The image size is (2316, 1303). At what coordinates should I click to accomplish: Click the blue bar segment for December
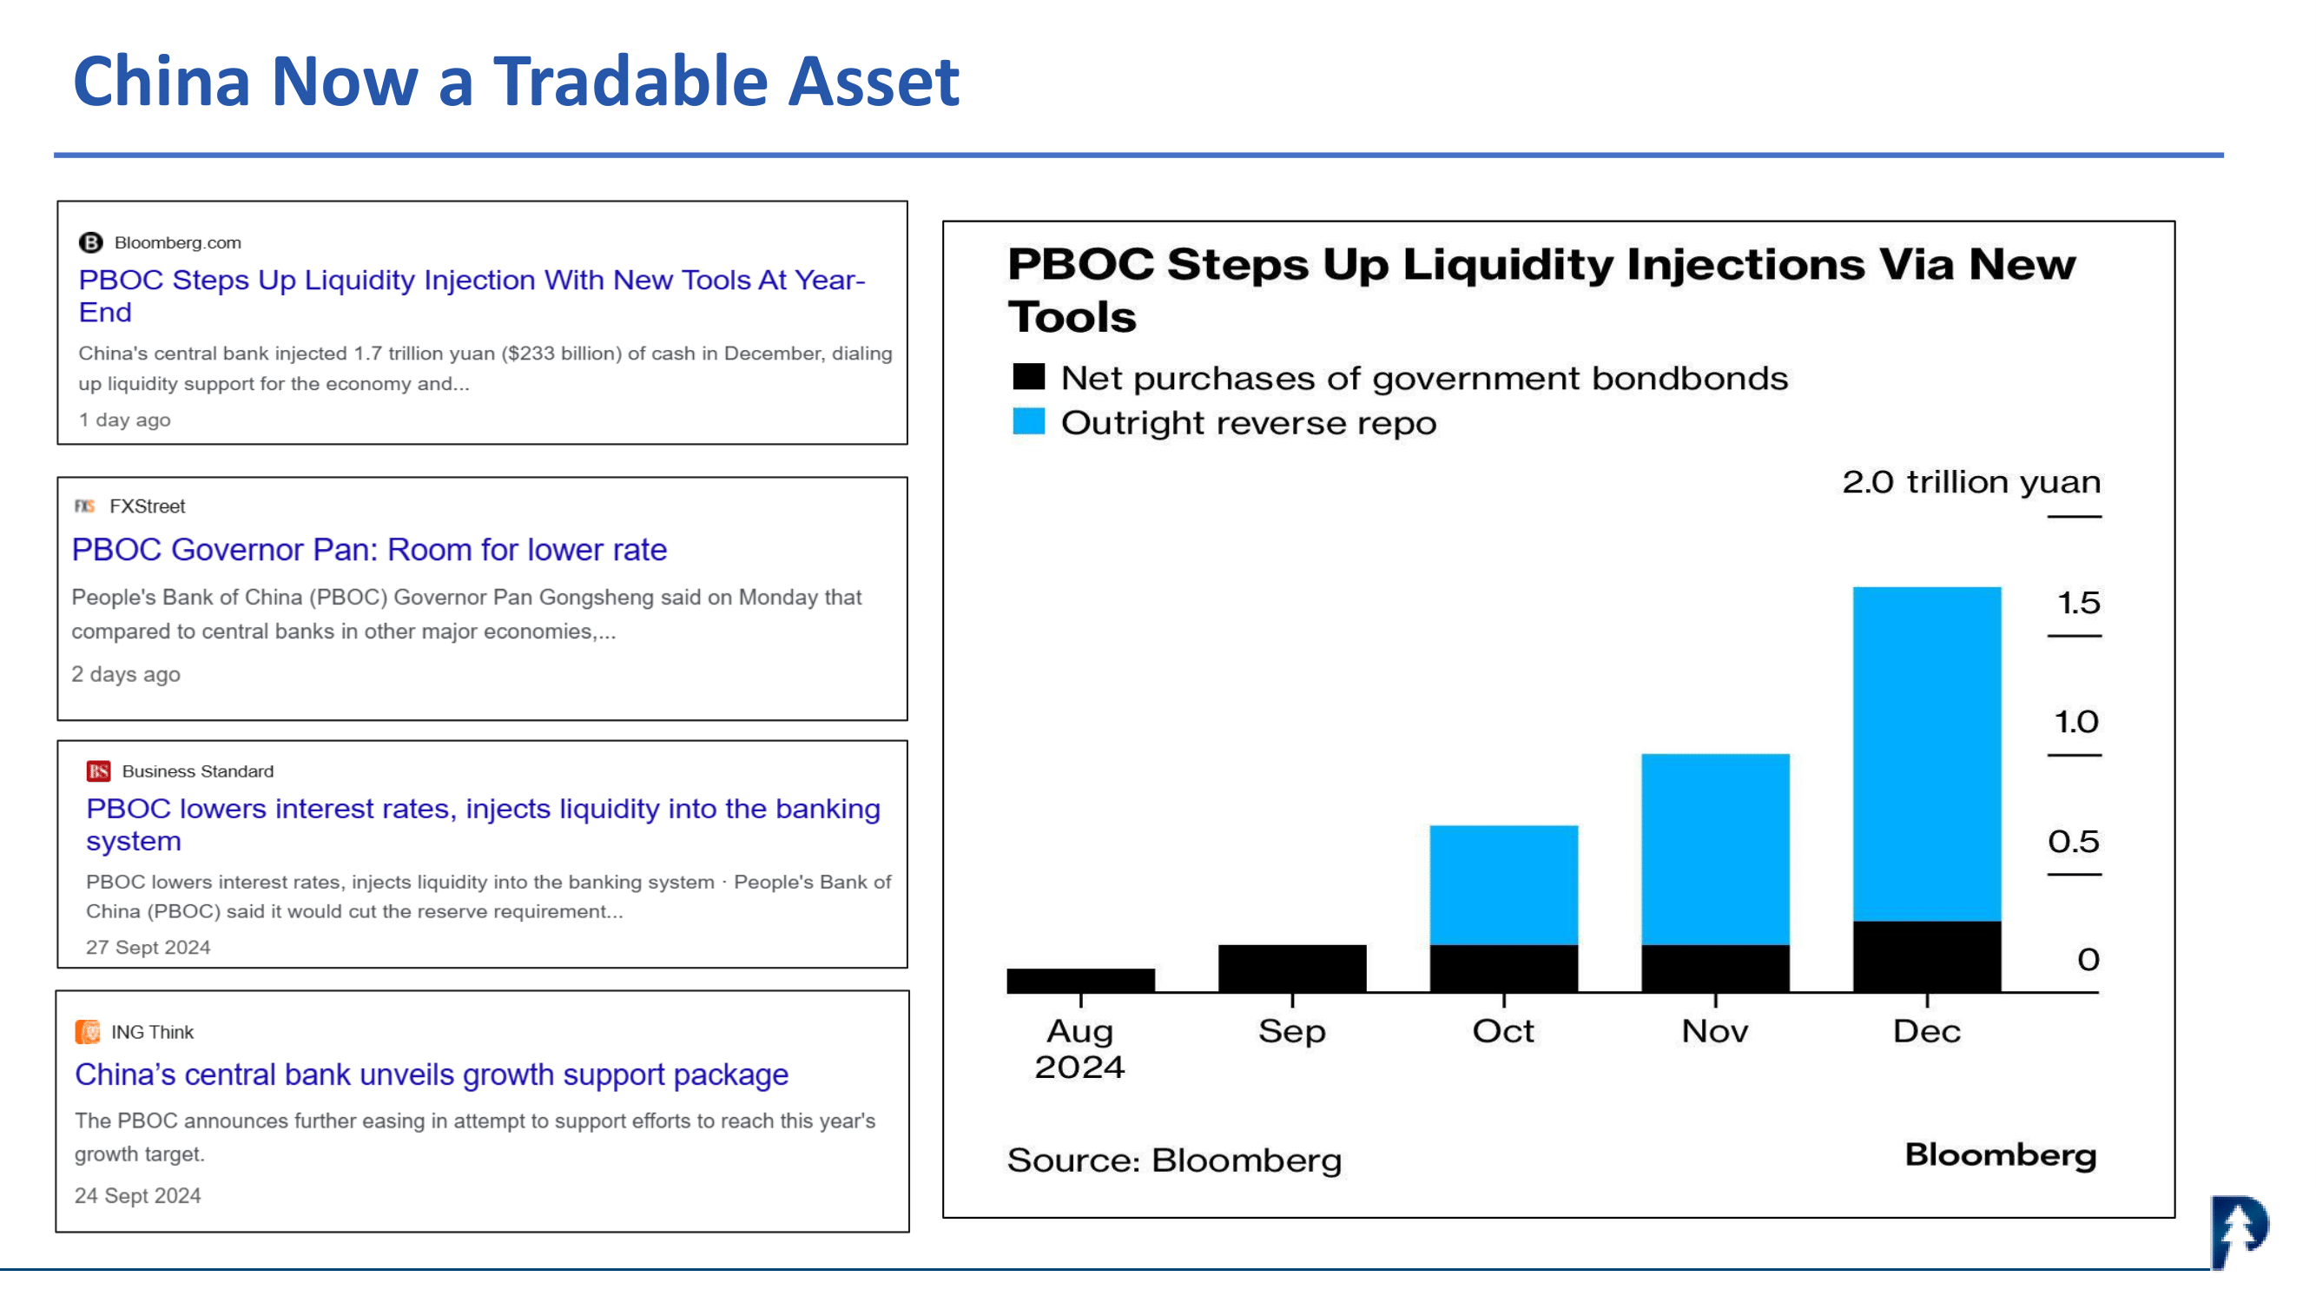(1927, 753)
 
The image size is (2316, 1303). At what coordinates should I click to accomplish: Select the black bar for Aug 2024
(1080, 980)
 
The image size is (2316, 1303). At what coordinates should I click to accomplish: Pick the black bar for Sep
(1292, 969)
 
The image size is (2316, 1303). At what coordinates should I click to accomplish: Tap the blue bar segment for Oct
(1503, 885)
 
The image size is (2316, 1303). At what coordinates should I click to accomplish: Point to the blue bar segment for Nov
(1715, 849)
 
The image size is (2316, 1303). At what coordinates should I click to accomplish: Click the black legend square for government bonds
(1028, 377)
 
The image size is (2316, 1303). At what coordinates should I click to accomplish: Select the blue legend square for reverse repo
(1028, 420)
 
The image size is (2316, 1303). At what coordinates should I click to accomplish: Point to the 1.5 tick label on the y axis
(2079, 603)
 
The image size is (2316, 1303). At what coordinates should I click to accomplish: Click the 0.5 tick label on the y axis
(2074, 842)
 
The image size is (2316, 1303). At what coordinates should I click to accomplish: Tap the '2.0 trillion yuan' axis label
(1971, 482)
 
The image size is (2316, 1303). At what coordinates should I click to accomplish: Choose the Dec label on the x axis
(1927, 1031)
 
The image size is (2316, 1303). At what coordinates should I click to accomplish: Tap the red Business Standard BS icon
(98, 771)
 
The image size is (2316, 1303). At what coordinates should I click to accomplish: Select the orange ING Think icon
(87, 1031)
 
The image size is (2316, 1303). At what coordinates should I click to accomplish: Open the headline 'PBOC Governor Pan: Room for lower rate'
(370, 550)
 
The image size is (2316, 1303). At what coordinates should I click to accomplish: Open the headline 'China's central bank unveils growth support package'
(432, 1075)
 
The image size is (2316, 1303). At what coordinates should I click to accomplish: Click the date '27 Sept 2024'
(148, 947)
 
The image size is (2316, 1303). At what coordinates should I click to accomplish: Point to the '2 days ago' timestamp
(126, 674)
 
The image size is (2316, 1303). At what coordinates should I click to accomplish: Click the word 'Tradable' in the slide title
(631, 81)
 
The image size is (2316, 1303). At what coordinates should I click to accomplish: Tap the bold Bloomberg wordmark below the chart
(2001, 1155)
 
